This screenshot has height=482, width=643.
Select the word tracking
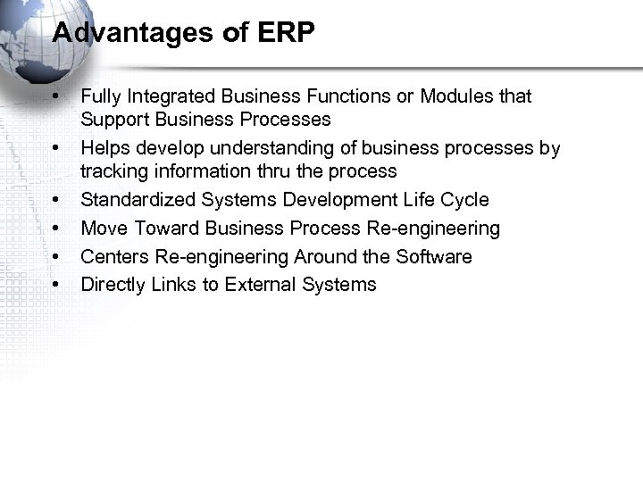pos(112,170)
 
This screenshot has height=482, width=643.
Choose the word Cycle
pos(463,199)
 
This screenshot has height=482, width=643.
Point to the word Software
pos(431,256)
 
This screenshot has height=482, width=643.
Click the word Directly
pos(112,285)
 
